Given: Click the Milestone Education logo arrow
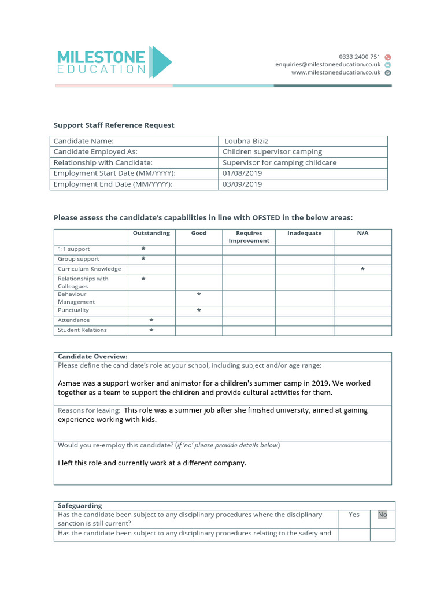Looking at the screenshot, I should (161, 62).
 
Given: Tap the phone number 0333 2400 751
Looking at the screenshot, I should (359, 57).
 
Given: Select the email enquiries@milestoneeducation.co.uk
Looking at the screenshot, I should (328, 65).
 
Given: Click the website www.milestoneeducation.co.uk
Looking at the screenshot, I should (336, 73).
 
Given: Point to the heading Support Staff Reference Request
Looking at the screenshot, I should (114, 125).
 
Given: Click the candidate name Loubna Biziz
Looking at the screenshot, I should (247, 141).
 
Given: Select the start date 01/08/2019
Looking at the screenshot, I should (242, 173).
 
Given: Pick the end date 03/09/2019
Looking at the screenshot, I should (242, 184).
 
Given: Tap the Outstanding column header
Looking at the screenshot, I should (151, 233).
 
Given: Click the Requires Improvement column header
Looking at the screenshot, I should (249, 237).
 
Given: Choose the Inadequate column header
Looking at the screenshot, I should (304, 233).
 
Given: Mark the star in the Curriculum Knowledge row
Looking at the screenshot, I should (362, 269).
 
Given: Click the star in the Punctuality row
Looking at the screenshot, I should (199, 310).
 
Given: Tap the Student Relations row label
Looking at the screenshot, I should (82, 330).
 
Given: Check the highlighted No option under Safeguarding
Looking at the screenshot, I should (382, 515).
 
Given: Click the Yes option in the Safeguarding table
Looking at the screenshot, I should (354, 515).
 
